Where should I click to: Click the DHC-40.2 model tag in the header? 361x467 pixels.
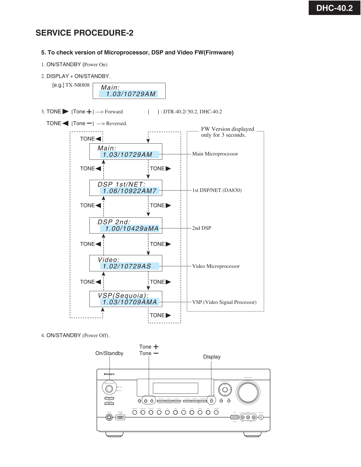(334, 8)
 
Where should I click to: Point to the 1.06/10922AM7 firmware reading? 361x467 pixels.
(129, 191)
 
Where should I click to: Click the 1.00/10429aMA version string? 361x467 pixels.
(132, 228)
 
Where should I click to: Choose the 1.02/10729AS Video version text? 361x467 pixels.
(127, 266)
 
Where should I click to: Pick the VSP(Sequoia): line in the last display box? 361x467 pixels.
(123, 295)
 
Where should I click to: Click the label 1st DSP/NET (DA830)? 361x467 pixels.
(217, 190)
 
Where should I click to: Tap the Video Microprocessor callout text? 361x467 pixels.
(216, 266)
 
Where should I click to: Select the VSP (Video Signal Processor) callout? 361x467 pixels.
(224, 302)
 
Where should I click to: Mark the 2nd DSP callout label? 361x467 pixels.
(202, 228)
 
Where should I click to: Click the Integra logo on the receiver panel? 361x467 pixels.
(109, 374)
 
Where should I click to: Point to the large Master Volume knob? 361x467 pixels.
(248, 392)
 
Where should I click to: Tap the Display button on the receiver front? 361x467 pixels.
(211, 400)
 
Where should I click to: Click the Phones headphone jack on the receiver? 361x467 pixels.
(109, 417)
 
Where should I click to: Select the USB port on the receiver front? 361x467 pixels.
(234, 417)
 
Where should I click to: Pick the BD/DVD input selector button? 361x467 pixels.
(135, 412)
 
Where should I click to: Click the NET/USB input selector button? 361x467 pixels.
(216, 412)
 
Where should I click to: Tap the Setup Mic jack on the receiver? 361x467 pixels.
(261, 417)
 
